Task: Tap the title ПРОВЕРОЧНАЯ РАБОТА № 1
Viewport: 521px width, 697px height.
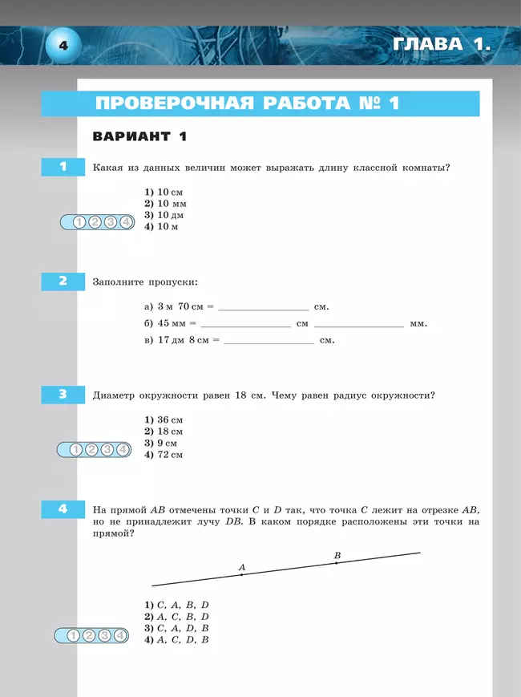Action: (x=247, y=104)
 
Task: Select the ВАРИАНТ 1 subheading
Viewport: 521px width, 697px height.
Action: (x=139, y=136)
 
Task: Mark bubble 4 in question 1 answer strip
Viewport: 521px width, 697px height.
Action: (x=125, y=222)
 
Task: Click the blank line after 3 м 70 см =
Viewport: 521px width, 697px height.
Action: (x=263, y=308)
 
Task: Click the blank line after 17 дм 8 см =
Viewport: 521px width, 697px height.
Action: (x=269, y=342)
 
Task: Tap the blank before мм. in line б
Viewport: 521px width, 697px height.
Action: (x=359, y=325)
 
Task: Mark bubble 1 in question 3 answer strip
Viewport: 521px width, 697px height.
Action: (x=76, y=450)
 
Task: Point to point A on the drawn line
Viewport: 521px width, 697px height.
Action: (x=241, y=574)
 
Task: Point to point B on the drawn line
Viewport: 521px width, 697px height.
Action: (x=336, y=563)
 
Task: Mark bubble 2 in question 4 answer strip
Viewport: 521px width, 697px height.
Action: (x=89, y=636)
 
